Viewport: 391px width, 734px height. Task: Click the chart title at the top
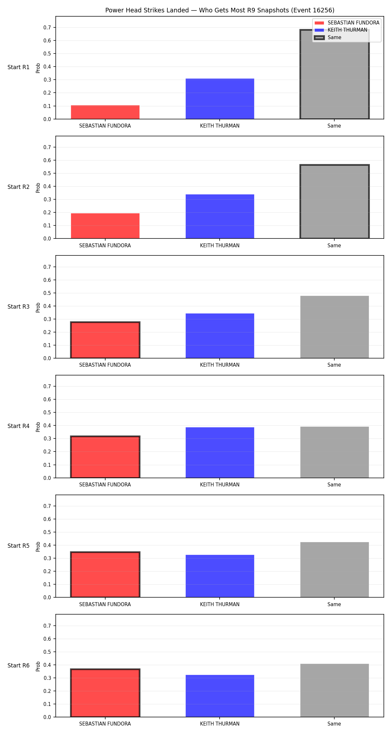point(220,10)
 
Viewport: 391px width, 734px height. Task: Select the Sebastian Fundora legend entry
point(347,23)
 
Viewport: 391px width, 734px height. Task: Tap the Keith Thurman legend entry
point(340,30)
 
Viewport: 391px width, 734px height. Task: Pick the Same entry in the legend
point(328,38)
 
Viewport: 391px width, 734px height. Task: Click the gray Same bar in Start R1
point(335,74)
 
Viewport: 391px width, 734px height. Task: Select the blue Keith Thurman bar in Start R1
point(220,99)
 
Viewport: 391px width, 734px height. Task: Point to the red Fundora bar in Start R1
point(105,112)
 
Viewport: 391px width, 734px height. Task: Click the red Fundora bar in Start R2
point(105,226)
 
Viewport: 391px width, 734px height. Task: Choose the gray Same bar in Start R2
point(335,202)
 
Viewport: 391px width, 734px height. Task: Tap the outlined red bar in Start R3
point(105,340)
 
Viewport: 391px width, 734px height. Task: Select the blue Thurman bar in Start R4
point(220,452)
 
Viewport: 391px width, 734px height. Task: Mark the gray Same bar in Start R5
point(335,570)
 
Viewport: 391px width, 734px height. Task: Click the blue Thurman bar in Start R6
point(220,696)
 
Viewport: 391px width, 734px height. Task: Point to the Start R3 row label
point(19,307)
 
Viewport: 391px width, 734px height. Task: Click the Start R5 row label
point(19,546)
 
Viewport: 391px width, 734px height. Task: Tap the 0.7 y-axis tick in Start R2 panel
point(47,147)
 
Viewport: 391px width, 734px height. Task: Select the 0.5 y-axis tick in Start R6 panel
point(47,652)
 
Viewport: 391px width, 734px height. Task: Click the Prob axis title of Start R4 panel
point(38,427)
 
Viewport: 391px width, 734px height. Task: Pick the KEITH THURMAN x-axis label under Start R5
point(220,604)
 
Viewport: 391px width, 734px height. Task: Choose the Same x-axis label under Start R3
point(334,365)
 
